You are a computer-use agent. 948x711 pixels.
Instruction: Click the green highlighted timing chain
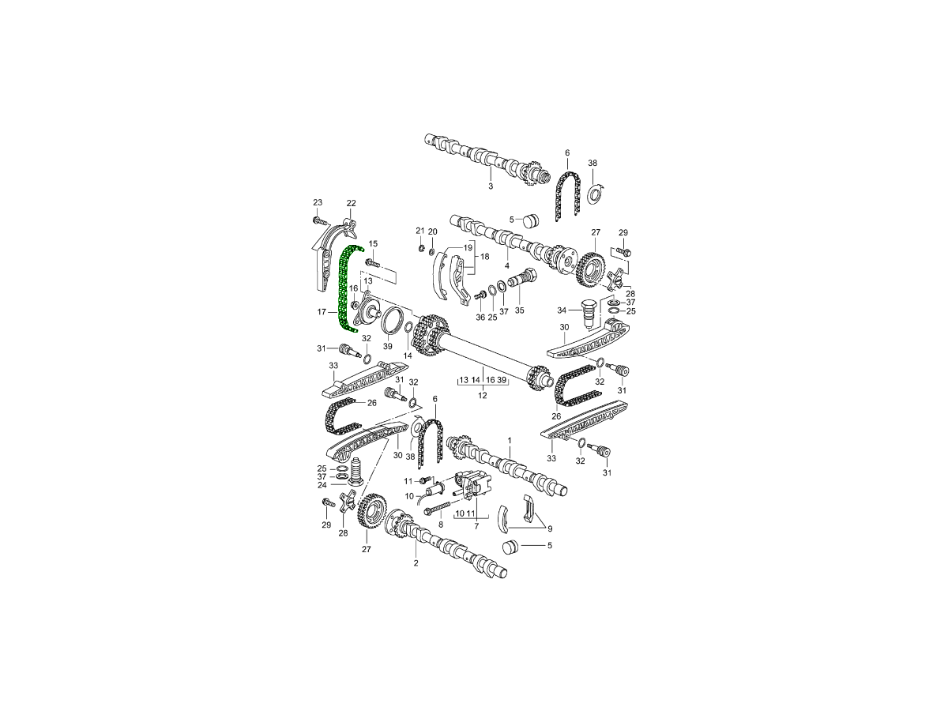pyautogui.click(x=344, y=288)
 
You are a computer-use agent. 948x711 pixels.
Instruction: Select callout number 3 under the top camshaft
pyautogui.click(x=491, y=186)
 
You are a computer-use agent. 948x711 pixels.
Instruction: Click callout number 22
pyautogui.click(x=351, y=203)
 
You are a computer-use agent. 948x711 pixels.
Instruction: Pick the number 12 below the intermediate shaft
pyautogui.click(x=483, y=394)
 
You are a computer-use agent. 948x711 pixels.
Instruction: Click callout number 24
pyautogui.click(x=322, y=485)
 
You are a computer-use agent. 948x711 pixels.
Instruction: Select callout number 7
pyautogui.click(x=476, y=525)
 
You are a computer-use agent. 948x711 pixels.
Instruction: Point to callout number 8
pyautogui.click(x=441, y=524)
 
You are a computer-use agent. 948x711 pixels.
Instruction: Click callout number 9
pyautogui.click(x=550, y=529)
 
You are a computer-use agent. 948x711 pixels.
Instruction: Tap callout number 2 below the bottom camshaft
pyautogui.click(x=416, y=563)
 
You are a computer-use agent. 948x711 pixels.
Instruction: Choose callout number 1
pyautogui.click(x=510, y=440)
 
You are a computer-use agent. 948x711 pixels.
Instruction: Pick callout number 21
pyautogui.click(x=420, y=231)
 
